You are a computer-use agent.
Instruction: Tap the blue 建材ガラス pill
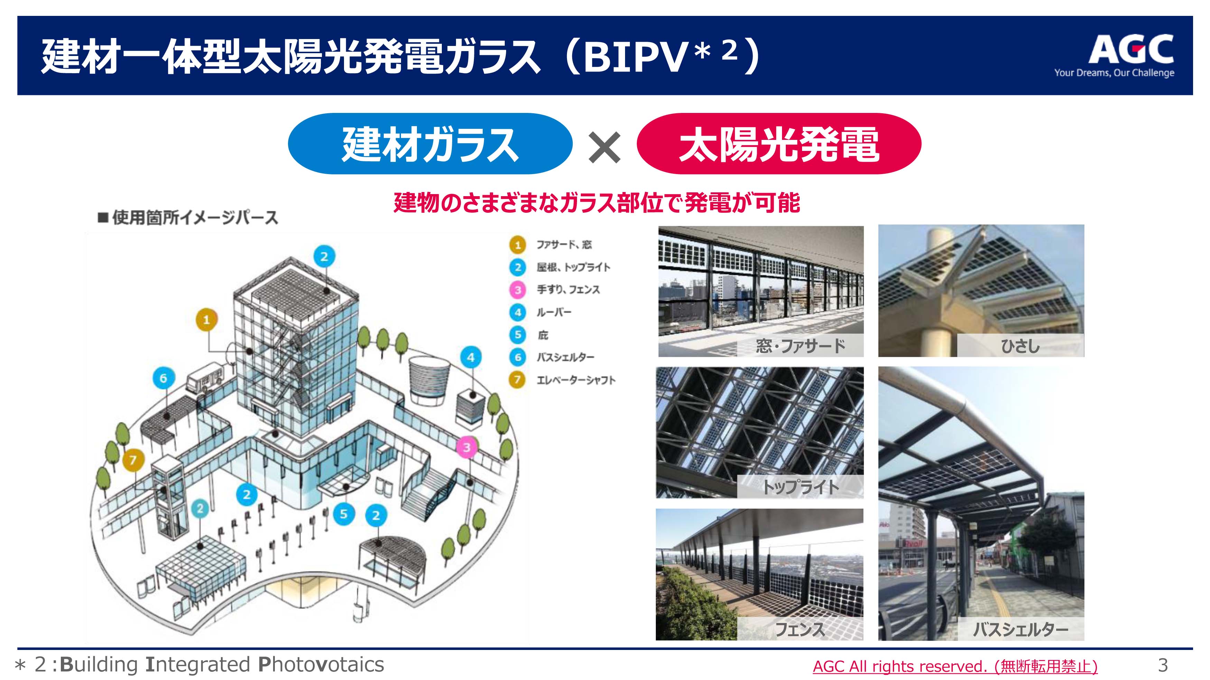tap(430, 144)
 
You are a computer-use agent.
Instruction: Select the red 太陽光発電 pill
tap(779, 144)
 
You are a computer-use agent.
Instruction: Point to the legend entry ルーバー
tap(554, 312)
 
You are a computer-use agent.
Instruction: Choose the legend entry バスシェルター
tap(566, 357)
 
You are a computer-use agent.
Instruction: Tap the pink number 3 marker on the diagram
tap(466, 447)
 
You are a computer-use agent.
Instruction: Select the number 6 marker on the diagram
tap(164, 378)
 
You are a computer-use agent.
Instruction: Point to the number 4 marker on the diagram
tap(471, 357)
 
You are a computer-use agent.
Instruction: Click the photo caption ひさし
tap(1020, 346)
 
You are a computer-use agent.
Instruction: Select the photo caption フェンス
tap(800, 629)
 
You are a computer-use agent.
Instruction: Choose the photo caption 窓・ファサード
tap(800, 346)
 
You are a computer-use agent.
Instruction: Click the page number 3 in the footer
tap(1163, 665)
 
